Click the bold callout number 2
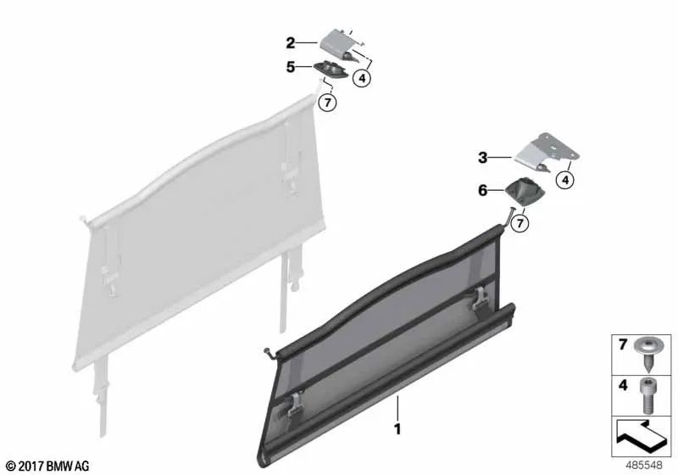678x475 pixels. [290, 42]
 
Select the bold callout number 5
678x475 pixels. [291, 67]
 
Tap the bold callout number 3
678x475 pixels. [482, 158]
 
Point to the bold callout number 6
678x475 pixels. [482, 190]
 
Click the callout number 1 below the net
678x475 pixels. [397, 429]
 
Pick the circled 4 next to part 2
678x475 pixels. [362, 78]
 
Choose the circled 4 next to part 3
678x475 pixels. [565, 179]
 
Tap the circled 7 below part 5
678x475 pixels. [327, 103]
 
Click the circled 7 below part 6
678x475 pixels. [520, 223]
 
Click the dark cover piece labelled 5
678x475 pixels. [331, 70]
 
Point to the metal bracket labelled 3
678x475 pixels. [546, 153]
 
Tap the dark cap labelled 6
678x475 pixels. [524, 189]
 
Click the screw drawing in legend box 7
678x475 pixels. [646, 355]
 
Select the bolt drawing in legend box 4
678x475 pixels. [647, 396]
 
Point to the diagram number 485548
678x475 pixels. [644, 465]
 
